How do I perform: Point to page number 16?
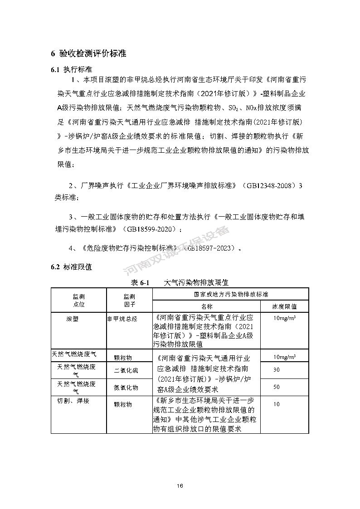(x=180, y=486)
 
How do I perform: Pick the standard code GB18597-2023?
(x=211, y=248)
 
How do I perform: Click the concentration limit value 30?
(x=277, y=369)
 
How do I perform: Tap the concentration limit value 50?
(x=277, y=387)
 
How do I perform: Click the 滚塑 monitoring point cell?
(x=72, y=319)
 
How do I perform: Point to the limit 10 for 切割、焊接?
(x=277, y=404)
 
